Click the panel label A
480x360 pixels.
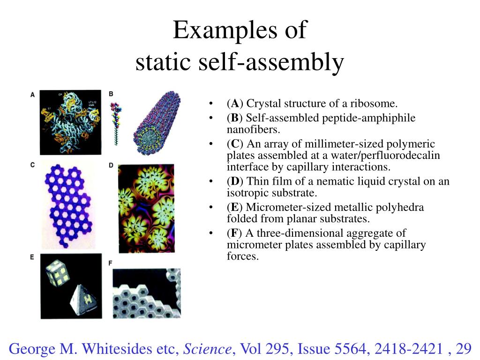[x=32, y=95]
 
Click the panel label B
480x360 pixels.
[x=111, y=94]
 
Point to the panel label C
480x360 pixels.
[x=32, y=165]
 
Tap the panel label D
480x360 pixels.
[x=111, y=165]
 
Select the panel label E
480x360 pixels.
[x=32, y=257]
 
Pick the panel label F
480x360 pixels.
[x=111, y=263]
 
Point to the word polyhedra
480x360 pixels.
[x=401, y=207]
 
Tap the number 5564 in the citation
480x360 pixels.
[x=351, y=348]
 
